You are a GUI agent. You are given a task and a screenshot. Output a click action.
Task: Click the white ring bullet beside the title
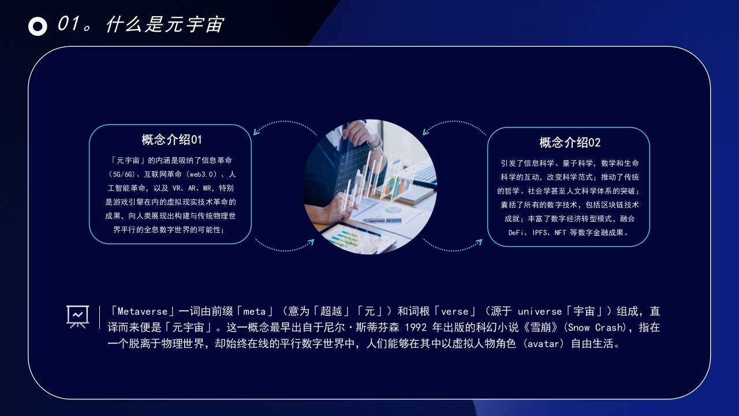(38, 26)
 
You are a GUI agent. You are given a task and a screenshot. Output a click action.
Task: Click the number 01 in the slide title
(69, 24)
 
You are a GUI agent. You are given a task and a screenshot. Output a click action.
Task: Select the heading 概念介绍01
(171, 140)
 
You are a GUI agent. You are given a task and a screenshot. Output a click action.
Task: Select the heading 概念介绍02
(570, 143)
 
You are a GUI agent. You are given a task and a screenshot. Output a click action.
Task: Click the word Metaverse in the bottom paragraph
(143, 311)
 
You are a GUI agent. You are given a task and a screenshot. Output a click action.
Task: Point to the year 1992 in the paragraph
(415, 328)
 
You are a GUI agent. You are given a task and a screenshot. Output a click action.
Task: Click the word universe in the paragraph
(540, 311)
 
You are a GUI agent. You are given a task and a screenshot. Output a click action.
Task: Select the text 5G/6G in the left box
(122, 174)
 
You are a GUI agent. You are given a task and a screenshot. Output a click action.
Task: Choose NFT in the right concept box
(560, 233)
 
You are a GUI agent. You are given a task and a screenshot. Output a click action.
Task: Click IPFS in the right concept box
(539, 233)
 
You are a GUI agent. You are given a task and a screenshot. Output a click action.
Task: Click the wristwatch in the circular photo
(376, 144)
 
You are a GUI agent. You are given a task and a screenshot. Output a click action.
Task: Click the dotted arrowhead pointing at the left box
(256, 132)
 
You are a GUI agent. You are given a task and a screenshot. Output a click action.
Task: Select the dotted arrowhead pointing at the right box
(479, 243)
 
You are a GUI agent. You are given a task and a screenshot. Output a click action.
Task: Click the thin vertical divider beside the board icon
(99, 317)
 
